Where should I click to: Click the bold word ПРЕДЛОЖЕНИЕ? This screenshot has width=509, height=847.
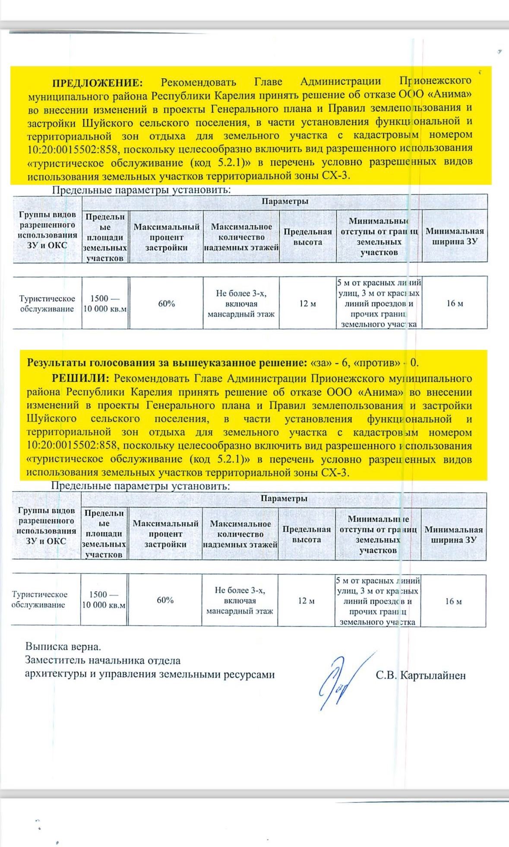[97, 82]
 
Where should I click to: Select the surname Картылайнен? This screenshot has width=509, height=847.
[433, 676]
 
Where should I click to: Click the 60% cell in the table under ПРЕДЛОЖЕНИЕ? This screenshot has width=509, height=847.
[166, 304]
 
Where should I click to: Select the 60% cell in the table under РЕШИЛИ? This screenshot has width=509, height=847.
[165, 600]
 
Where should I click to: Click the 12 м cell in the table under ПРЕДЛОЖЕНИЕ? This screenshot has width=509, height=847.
[307, 304]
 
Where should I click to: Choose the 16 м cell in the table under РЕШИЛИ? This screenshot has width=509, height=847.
[454, 601]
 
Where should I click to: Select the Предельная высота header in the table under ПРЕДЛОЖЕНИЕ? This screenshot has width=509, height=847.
[307, 237]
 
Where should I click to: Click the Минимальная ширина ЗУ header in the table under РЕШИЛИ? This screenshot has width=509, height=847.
[453, 534]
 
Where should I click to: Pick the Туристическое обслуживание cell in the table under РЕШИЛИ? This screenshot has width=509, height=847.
[39, 600]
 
